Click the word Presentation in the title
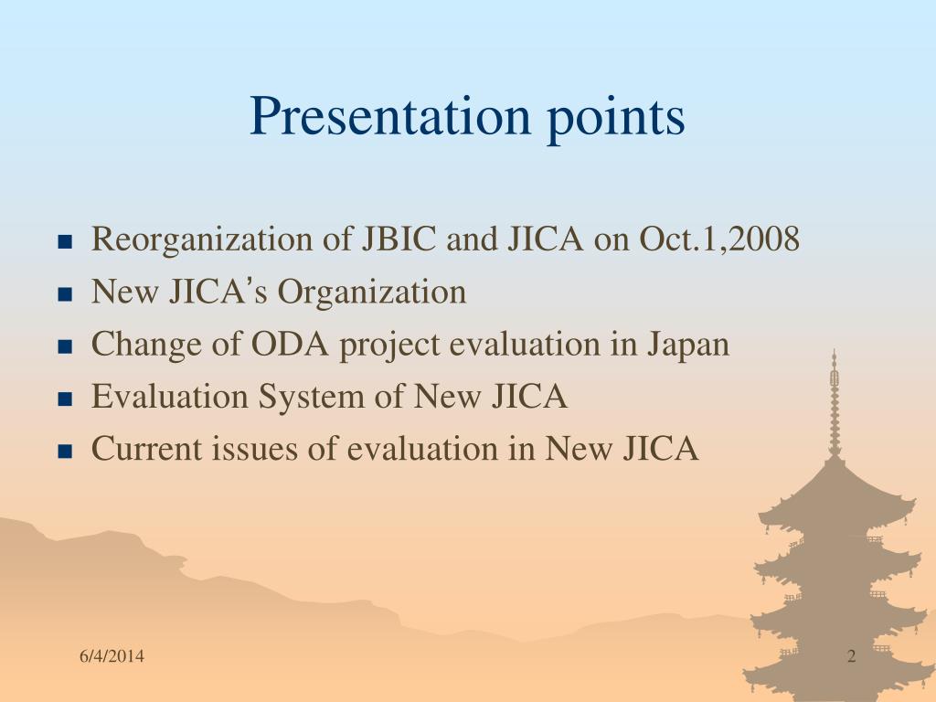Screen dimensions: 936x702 389,116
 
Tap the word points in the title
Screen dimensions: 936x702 615,120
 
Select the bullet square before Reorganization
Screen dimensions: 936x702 65,242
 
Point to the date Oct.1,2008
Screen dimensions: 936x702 719,239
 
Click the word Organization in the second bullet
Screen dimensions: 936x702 372,292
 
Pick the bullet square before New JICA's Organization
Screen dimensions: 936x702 65,294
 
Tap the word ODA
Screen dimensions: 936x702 290,345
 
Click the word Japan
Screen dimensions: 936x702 688,346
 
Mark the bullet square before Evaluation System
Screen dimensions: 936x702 65,399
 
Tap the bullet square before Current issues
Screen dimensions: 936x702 65,452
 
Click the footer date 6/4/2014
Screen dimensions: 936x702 112,656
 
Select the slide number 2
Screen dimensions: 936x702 852,656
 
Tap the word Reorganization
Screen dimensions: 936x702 202,240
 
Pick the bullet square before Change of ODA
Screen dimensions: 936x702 65,346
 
